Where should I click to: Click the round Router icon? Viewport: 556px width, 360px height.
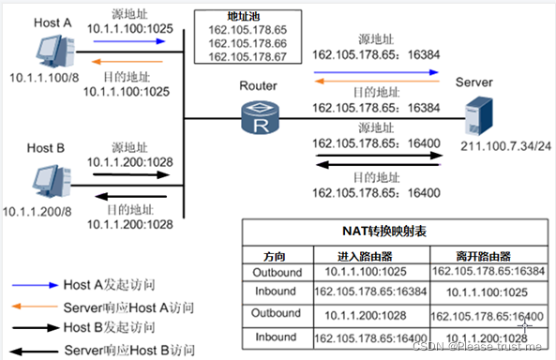point(259,118)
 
